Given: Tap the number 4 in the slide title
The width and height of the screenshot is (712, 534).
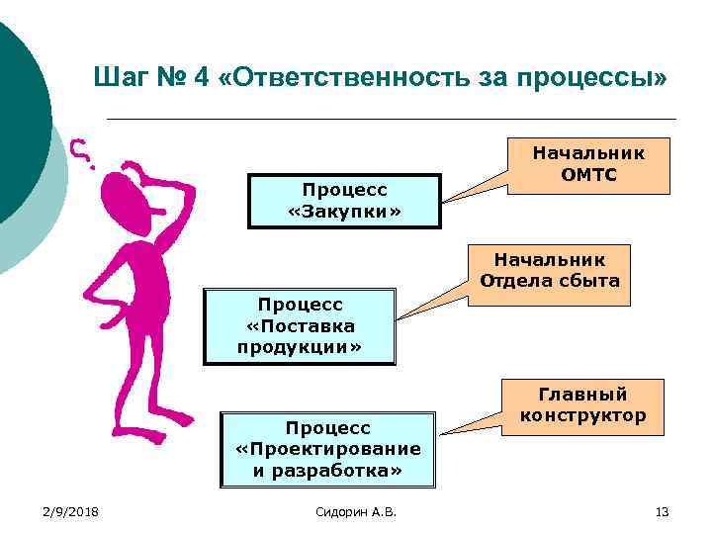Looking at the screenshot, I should pyautogui.click(x=202, y=77).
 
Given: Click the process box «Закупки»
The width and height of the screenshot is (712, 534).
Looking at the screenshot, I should pyautogui.click(x=344, y=201).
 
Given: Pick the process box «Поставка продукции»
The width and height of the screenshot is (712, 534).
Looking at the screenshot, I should pyautogui.click(x=299, y=325).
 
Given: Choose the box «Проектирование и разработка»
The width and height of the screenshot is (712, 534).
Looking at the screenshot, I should pyautogui.click(x=327, y=450).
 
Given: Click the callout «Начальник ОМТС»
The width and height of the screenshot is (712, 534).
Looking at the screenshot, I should pyautogui.click(x=588, y=164).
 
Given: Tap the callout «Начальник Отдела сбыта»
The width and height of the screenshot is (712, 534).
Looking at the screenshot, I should pyautogui.click(x=549, y=270).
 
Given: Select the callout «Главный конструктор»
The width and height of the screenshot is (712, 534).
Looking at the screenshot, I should pyautogui.click(x=582, y=404).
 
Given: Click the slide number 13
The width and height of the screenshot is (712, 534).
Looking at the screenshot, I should pyautogui.click(x=662, y=511).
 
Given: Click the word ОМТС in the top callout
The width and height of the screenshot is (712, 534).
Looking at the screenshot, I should pyautogui.click(x=588, y=175).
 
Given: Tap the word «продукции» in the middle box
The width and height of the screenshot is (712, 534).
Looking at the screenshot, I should pyautogui.click(x=299, y=347).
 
